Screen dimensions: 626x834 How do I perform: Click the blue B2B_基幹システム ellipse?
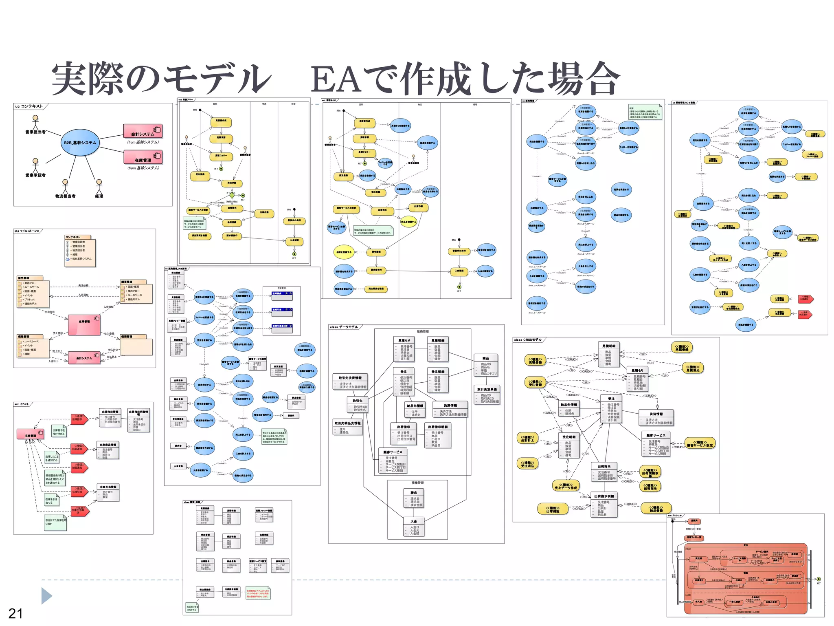(80, 143)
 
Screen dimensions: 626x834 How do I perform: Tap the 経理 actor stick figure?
(99, 185)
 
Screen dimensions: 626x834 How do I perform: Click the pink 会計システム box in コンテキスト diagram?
(143, 131)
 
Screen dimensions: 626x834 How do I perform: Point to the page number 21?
(15, 613)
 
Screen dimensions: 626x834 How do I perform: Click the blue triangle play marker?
(46, 596)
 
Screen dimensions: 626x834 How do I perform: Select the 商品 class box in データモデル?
(486, 365)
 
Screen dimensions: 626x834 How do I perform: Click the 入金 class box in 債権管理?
(414, 527)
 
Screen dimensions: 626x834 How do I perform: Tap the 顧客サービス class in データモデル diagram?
(393, 461)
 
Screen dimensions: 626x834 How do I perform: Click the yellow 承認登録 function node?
(682, 347)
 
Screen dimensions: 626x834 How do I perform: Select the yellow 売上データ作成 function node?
(566, 486)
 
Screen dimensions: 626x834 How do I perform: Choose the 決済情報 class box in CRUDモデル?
(656, 418)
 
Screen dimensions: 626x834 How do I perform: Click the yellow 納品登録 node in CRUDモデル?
(656, 508)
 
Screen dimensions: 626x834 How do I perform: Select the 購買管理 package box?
(136, 292)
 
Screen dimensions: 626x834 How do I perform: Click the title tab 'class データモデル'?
(344, 327)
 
